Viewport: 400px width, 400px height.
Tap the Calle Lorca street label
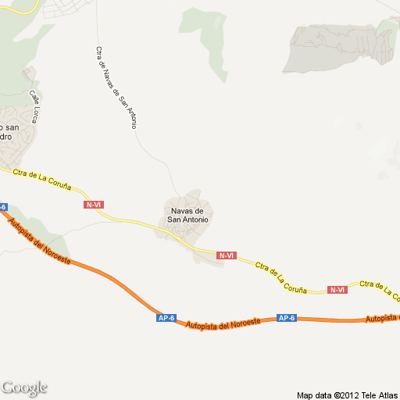click(x=35, y=106)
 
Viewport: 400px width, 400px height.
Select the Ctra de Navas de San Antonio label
click(x=116, y=87)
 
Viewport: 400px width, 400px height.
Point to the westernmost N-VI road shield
click(x=94, y=205)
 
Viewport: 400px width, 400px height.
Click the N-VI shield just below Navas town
click(x=227, y=255)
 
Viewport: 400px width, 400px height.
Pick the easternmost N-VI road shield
click(x=337, y=290)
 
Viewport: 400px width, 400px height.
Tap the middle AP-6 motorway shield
click(x=166, y=318)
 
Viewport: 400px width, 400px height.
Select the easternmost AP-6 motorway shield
click(x=287, y=318)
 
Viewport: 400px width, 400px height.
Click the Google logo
click(x=24, y=388)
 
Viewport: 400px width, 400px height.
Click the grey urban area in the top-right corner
click(x=336, y=47)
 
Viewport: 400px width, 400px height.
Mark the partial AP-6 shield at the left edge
click(x=3, y=208)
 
